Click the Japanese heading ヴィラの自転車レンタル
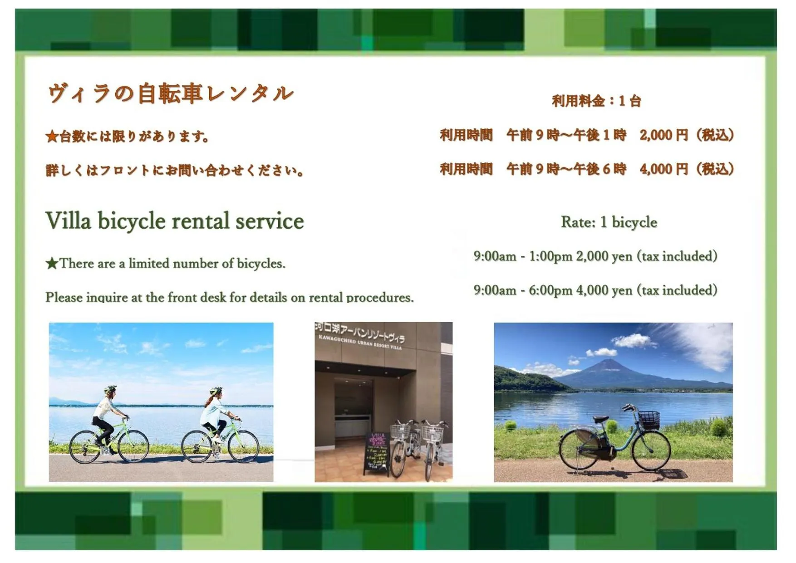[x=171, y=94]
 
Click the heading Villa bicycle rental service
[x=174, y=221]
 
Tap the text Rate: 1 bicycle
[x=609, y=222]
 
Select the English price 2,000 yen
[x=604, y=256]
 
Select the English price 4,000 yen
[x=604, y=290]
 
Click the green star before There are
[x=52, y=264]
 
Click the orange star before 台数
[x=52, y=137]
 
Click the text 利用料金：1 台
[x=596, y=101]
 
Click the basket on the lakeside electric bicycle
[x=649, y=419]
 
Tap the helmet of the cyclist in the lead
[x=216, y=391]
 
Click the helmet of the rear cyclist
[x=110, y=389]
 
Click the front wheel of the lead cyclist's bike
[x=244, y=446]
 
